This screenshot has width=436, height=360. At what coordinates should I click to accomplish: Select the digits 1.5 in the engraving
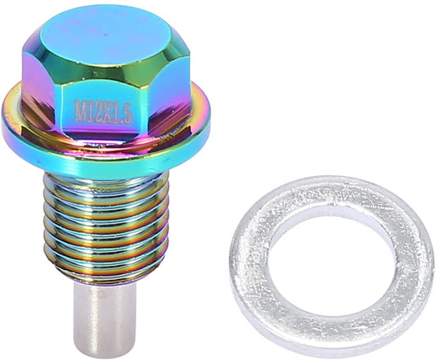click(x=122, y=113)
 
